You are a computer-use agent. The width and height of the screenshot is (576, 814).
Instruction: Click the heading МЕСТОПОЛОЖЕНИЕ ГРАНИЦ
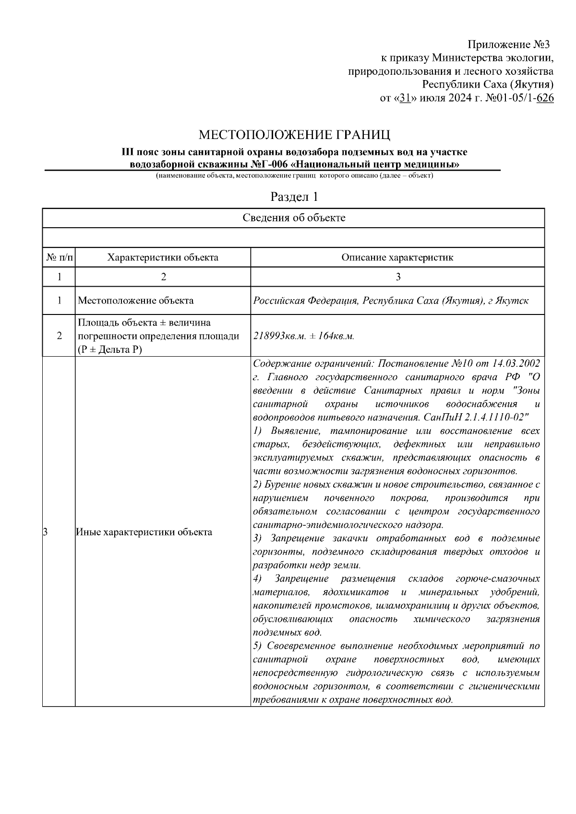pyautogui.click(x=295, y=134)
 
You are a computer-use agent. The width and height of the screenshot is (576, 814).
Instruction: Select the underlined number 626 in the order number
pyautogui.click(x=545, y=99)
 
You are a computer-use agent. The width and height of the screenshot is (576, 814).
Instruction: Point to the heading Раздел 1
pyautogui.click(x=294, y=197)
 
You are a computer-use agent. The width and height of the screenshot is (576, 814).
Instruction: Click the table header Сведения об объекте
pyautogui.click(x=294, y=218)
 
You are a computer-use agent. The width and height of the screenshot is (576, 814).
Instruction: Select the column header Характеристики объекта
pyautogui.click(x=163, y=257)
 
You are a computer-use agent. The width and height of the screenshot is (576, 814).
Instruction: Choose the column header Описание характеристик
pyautogui.click(x=397, y=257)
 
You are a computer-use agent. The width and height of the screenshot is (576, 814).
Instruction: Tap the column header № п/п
pyautogui.click(x=60, y=257)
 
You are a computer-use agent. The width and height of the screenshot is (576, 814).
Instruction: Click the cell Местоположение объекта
pyautogui.click(x=136, y=301)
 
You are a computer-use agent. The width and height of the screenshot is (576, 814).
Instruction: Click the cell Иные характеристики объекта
pyautogui.click(x=144, y=532)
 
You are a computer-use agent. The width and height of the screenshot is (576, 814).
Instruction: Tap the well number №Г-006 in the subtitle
pyautogui.click(x=270, y=164)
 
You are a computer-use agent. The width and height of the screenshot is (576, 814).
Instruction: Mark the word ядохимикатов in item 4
pyautogui.click(x=357, y=592)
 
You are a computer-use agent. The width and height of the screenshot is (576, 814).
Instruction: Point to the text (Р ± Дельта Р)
pyautogui.click(x=110, y=349)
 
